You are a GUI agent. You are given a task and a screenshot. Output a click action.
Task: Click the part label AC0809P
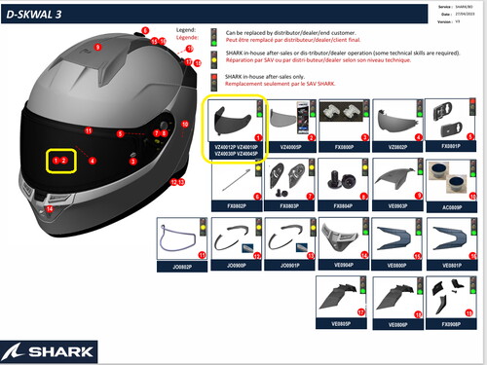(452, 207)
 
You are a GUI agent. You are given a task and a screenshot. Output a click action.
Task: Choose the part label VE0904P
(343, 263)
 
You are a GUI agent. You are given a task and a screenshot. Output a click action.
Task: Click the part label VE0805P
(344, 322)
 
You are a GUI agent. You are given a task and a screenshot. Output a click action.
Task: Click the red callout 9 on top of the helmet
(97, 47)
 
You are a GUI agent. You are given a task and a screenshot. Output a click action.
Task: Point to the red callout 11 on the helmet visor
(88, 129)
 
